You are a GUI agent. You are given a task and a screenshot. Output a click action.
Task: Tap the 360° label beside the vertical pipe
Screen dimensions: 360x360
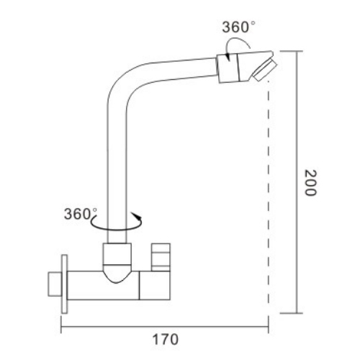pyautogui.click(x=80, y=214)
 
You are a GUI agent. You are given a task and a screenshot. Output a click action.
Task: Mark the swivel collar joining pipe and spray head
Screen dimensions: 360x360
pyautogui.click(x=225, y=66)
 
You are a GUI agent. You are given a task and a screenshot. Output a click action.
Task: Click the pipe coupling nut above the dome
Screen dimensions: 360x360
pyautogui.click(x=118, y=252)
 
